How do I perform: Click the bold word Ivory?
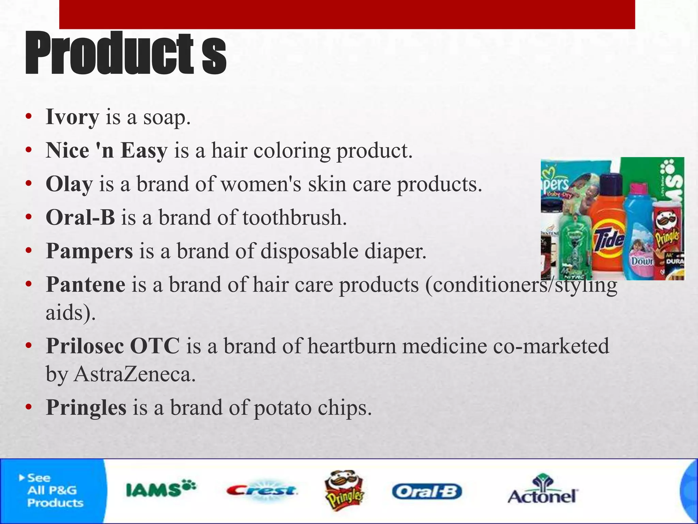pos(72,117)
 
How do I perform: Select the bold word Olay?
pos(69,184)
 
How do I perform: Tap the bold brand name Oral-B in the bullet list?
pos(80,218)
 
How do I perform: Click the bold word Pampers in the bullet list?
pos(89,251)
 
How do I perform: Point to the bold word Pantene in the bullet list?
pos(86,285)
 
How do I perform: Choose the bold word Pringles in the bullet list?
pos(86,407)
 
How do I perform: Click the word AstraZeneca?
pos(135,374)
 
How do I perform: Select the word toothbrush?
pos(294,218)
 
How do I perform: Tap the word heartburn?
pos(352,346)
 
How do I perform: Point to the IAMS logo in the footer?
pos(161,490)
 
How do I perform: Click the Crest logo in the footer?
pos(262,491)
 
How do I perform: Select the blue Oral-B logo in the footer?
pos(427,492)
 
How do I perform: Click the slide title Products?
pos(125,53)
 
